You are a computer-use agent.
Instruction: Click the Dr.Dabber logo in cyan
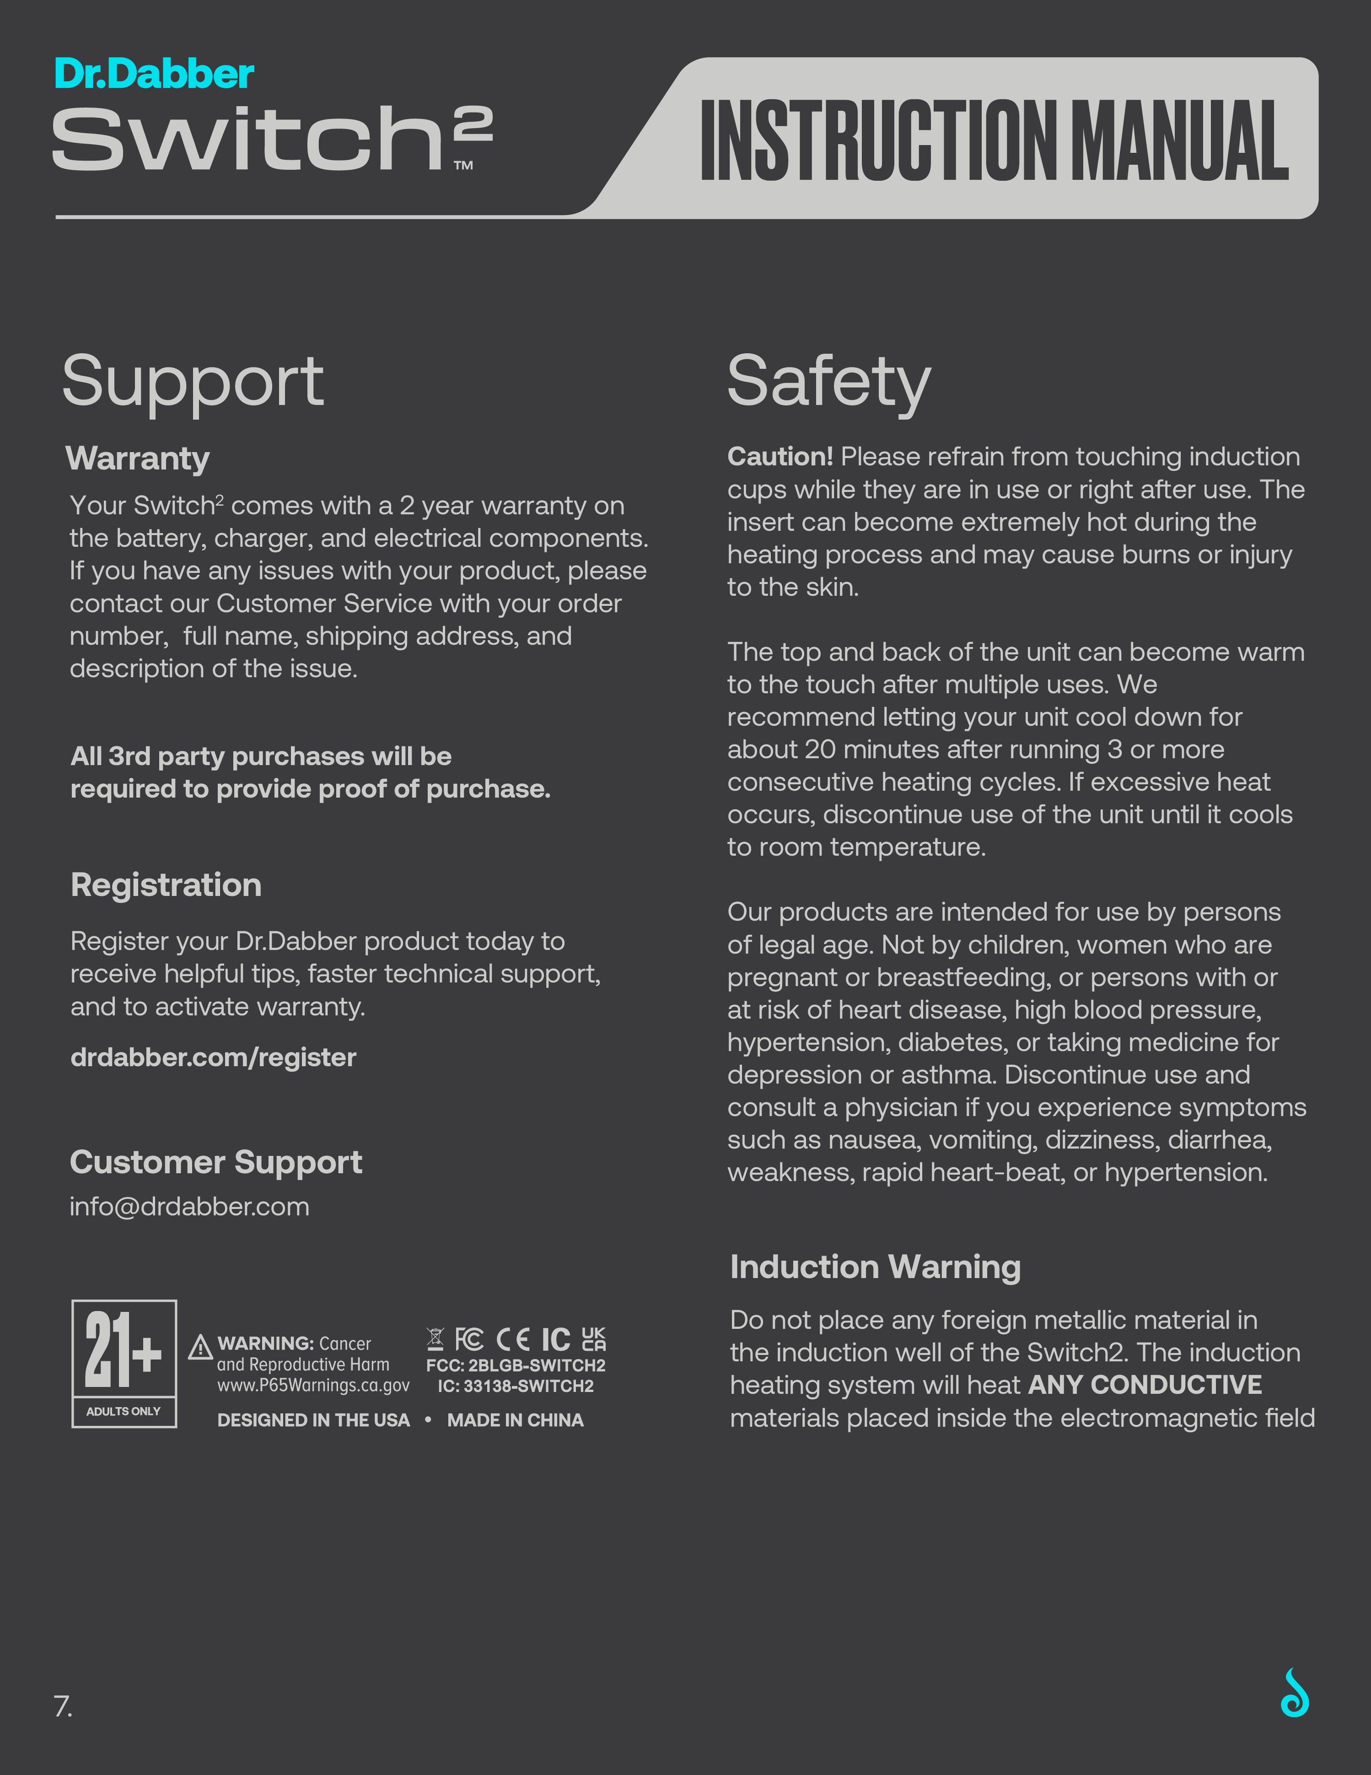click(155, 74)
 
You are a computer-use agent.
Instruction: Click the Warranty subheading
click(137, 459)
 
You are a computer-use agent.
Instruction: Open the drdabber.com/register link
click(213, 1057)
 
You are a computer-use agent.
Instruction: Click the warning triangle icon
click(200, 1348)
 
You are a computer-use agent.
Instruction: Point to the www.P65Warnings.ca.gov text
click(313, 1385)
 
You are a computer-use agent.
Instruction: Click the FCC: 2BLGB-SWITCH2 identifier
click(515, 1365)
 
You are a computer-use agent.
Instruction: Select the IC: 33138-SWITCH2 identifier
click(515, 1387)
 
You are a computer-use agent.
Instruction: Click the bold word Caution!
click(780, 457)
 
